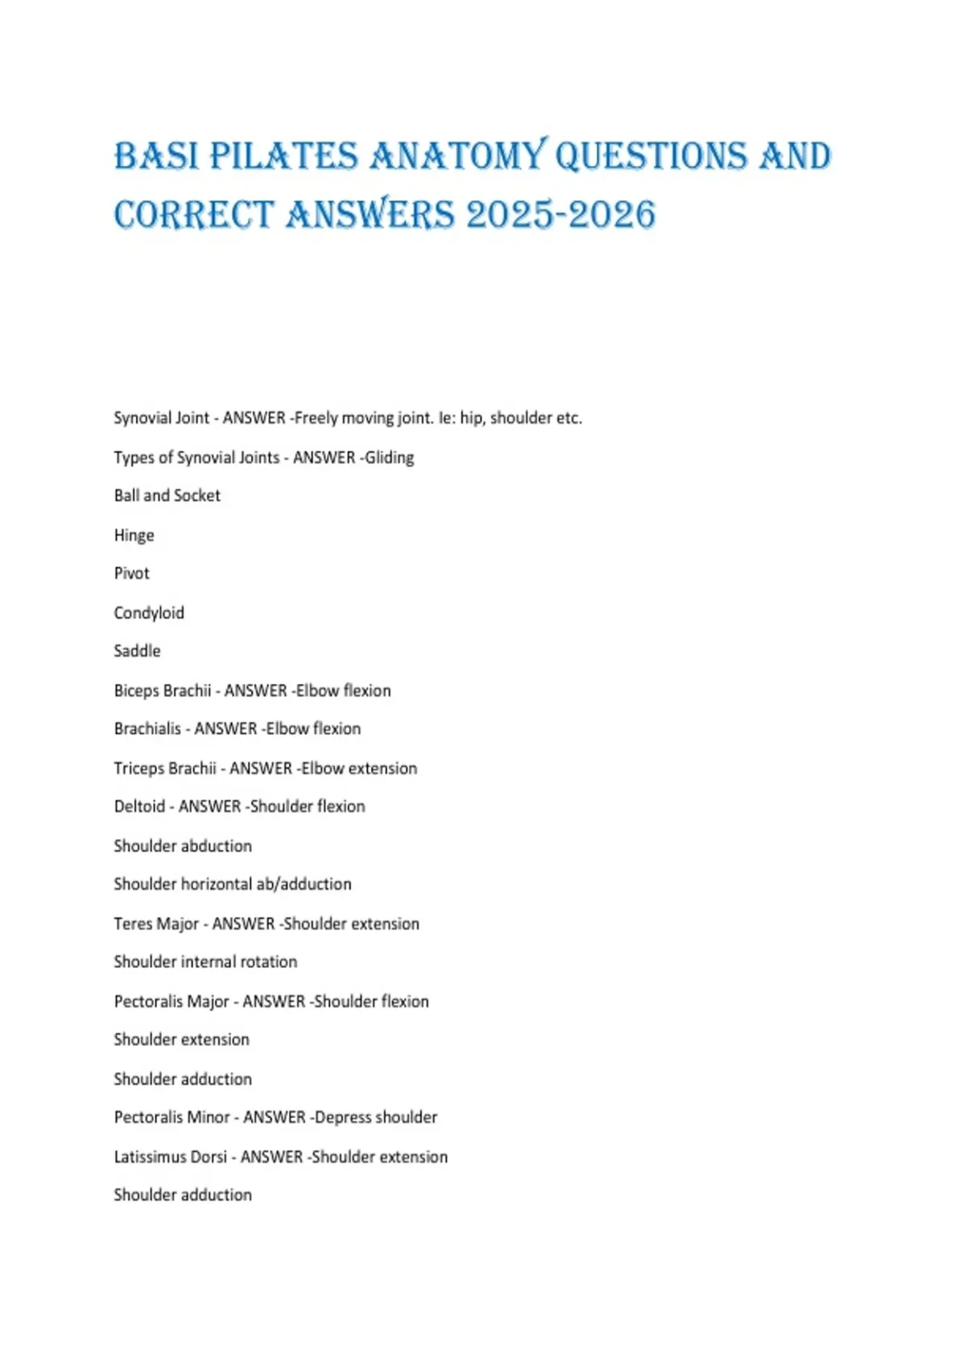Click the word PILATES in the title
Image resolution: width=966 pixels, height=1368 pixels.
coord(283,156)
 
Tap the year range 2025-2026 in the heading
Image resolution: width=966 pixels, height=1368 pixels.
coord(560,215)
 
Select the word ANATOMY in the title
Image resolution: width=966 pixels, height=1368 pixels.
coord(457,156)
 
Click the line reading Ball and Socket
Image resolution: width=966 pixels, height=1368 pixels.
coord(167,496)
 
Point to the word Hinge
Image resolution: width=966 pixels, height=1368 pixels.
coord(134,535)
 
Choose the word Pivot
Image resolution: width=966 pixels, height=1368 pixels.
coord(131,574)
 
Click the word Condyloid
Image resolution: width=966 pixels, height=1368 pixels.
coord(149,613)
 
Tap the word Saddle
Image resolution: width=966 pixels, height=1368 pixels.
coord(137,651)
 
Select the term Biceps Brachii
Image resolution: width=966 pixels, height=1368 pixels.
coord(162,690)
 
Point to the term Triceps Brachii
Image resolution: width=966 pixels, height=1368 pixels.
coord(164,768)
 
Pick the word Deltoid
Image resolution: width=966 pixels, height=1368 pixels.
coord(139,806)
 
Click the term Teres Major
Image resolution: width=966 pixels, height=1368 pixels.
coord(156,924)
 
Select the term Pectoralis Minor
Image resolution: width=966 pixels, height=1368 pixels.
coord(171,1118)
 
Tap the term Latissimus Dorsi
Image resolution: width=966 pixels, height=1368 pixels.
coord(170,1157)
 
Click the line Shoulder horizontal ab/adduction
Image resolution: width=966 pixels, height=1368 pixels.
coord(233,884)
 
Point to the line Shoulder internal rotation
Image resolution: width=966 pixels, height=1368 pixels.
coord(205,962)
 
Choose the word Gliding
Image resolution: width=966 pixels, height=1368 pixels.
coord(390,458)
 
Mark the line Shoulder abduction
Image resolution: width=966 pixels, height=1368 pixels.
coord(183,846)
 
